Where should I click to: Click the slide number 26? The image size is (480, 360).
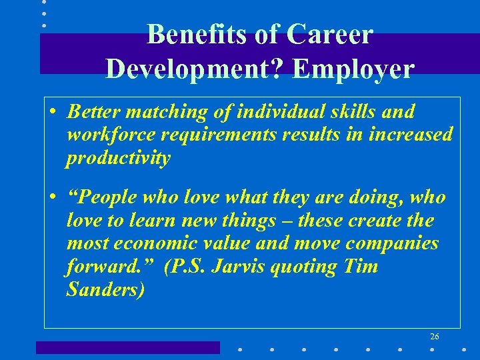434,337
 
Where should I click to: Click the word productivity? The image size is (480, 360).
119,158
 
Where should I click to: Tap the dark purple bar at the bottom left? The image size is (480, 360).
127,347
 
